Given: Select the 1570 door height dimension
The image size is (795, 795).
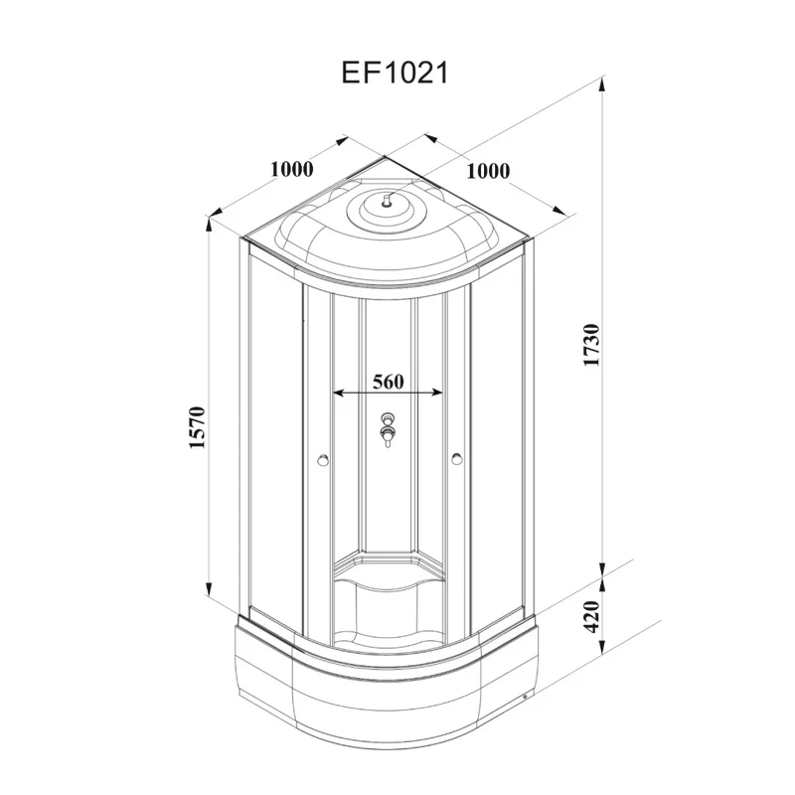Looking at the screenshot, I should click(197, 426).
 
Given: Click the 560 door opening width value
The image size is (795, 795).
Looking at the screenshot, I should click(388, 381).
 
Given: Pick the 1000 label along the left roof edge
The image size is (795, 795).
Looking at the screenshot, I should click(291, 169).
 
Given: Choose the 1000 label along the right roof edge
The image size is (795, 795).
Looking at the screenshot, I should click(487, 170).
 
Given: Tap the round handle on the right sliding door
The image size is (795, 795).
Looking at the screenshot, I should click(456, 459).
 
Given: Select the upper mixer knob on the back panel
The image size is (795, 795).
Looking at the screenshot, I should click(388, 419).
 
